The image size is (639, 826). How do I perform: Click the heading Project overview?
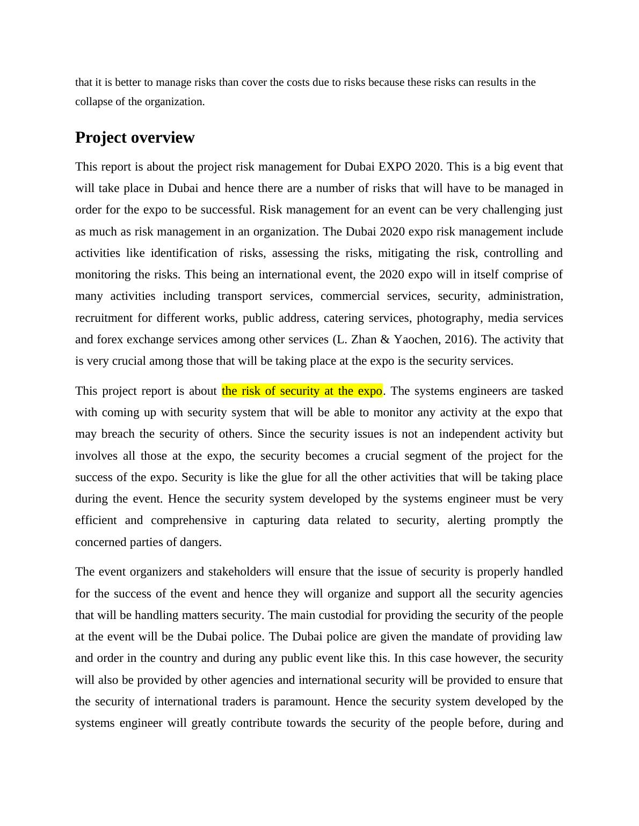point(135,138)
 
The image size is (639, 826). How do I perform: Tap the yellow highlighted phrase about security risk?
point(302,391)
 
